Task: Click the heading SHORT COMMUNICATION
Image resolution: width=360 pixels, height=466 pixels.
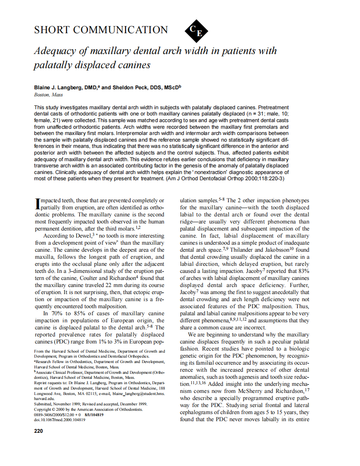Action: pos(101,30)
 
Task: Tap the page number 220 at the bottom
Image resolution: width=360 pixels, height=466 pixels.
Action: pos(38,431)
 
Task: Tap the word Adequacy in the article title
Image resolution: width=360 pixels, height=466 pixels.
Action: pos(55,52)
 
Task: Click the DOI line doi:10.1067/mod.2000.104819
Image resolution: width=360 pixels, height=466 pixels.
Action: pos(59,420)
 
